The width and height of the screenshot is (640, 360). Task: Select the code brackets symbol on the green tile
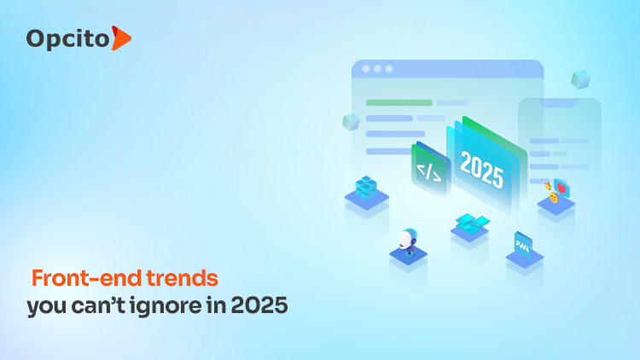[428, 172]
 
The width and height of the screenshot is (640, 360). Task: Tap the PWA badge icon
[522, 245]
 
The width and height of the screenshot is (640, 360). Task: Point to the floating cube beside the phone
[581, 80]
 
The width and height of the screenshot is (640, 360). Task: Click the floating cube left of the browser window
[350, 122]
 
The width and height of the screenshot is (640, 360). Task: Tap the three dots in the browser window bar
[377, 68]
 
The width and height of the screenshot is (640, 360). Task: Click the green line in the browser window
[399, 102]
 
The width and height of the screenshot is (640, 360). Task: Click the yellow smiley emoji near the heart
[553, 198]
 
